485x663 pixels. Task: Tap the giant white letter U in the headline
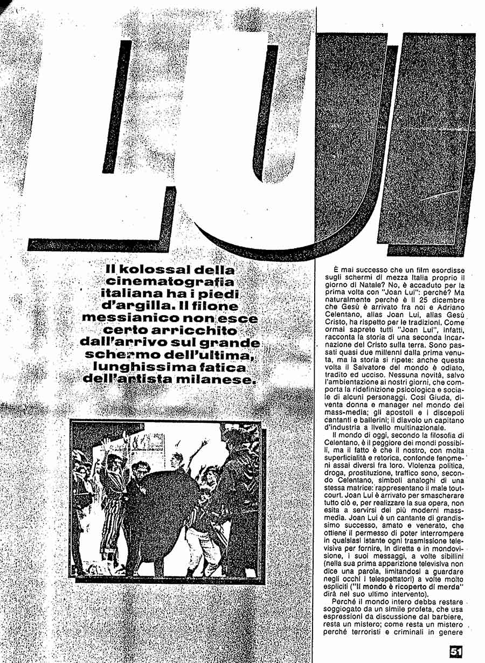237,162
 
